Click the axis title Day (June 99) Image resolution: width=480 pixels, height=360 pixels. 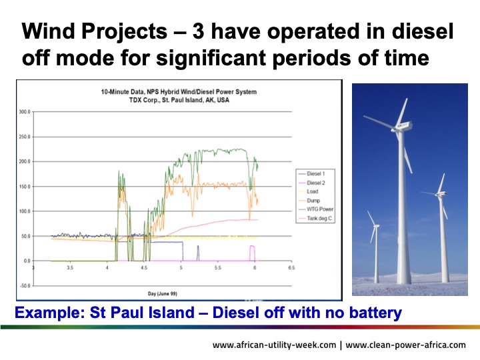(x=163, y=293)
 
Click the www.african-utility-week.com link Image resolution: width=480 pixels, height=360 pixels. (x=273, y=345)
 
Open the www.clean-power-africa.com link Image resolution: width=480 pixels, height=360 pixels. (x=406, y=345)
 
